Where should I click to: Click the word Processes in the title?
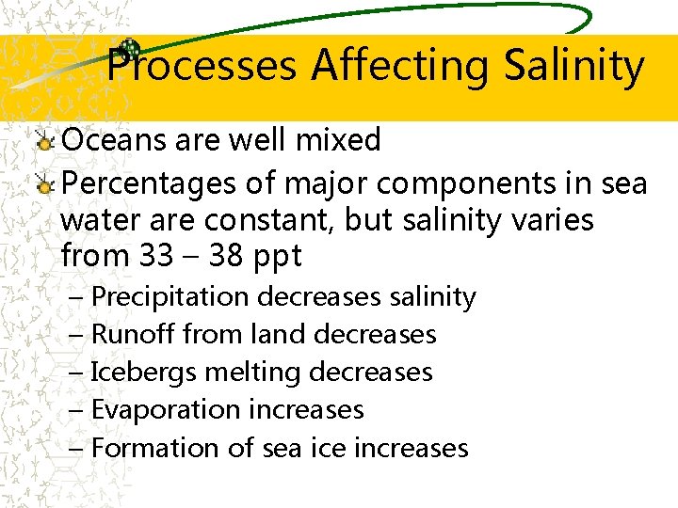pos(202,66)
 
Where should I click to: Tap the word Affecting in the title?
pos(401,66)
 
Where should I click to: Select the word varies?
pos(555,220)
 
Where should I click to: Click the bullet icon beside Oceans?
pos(44,143)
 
